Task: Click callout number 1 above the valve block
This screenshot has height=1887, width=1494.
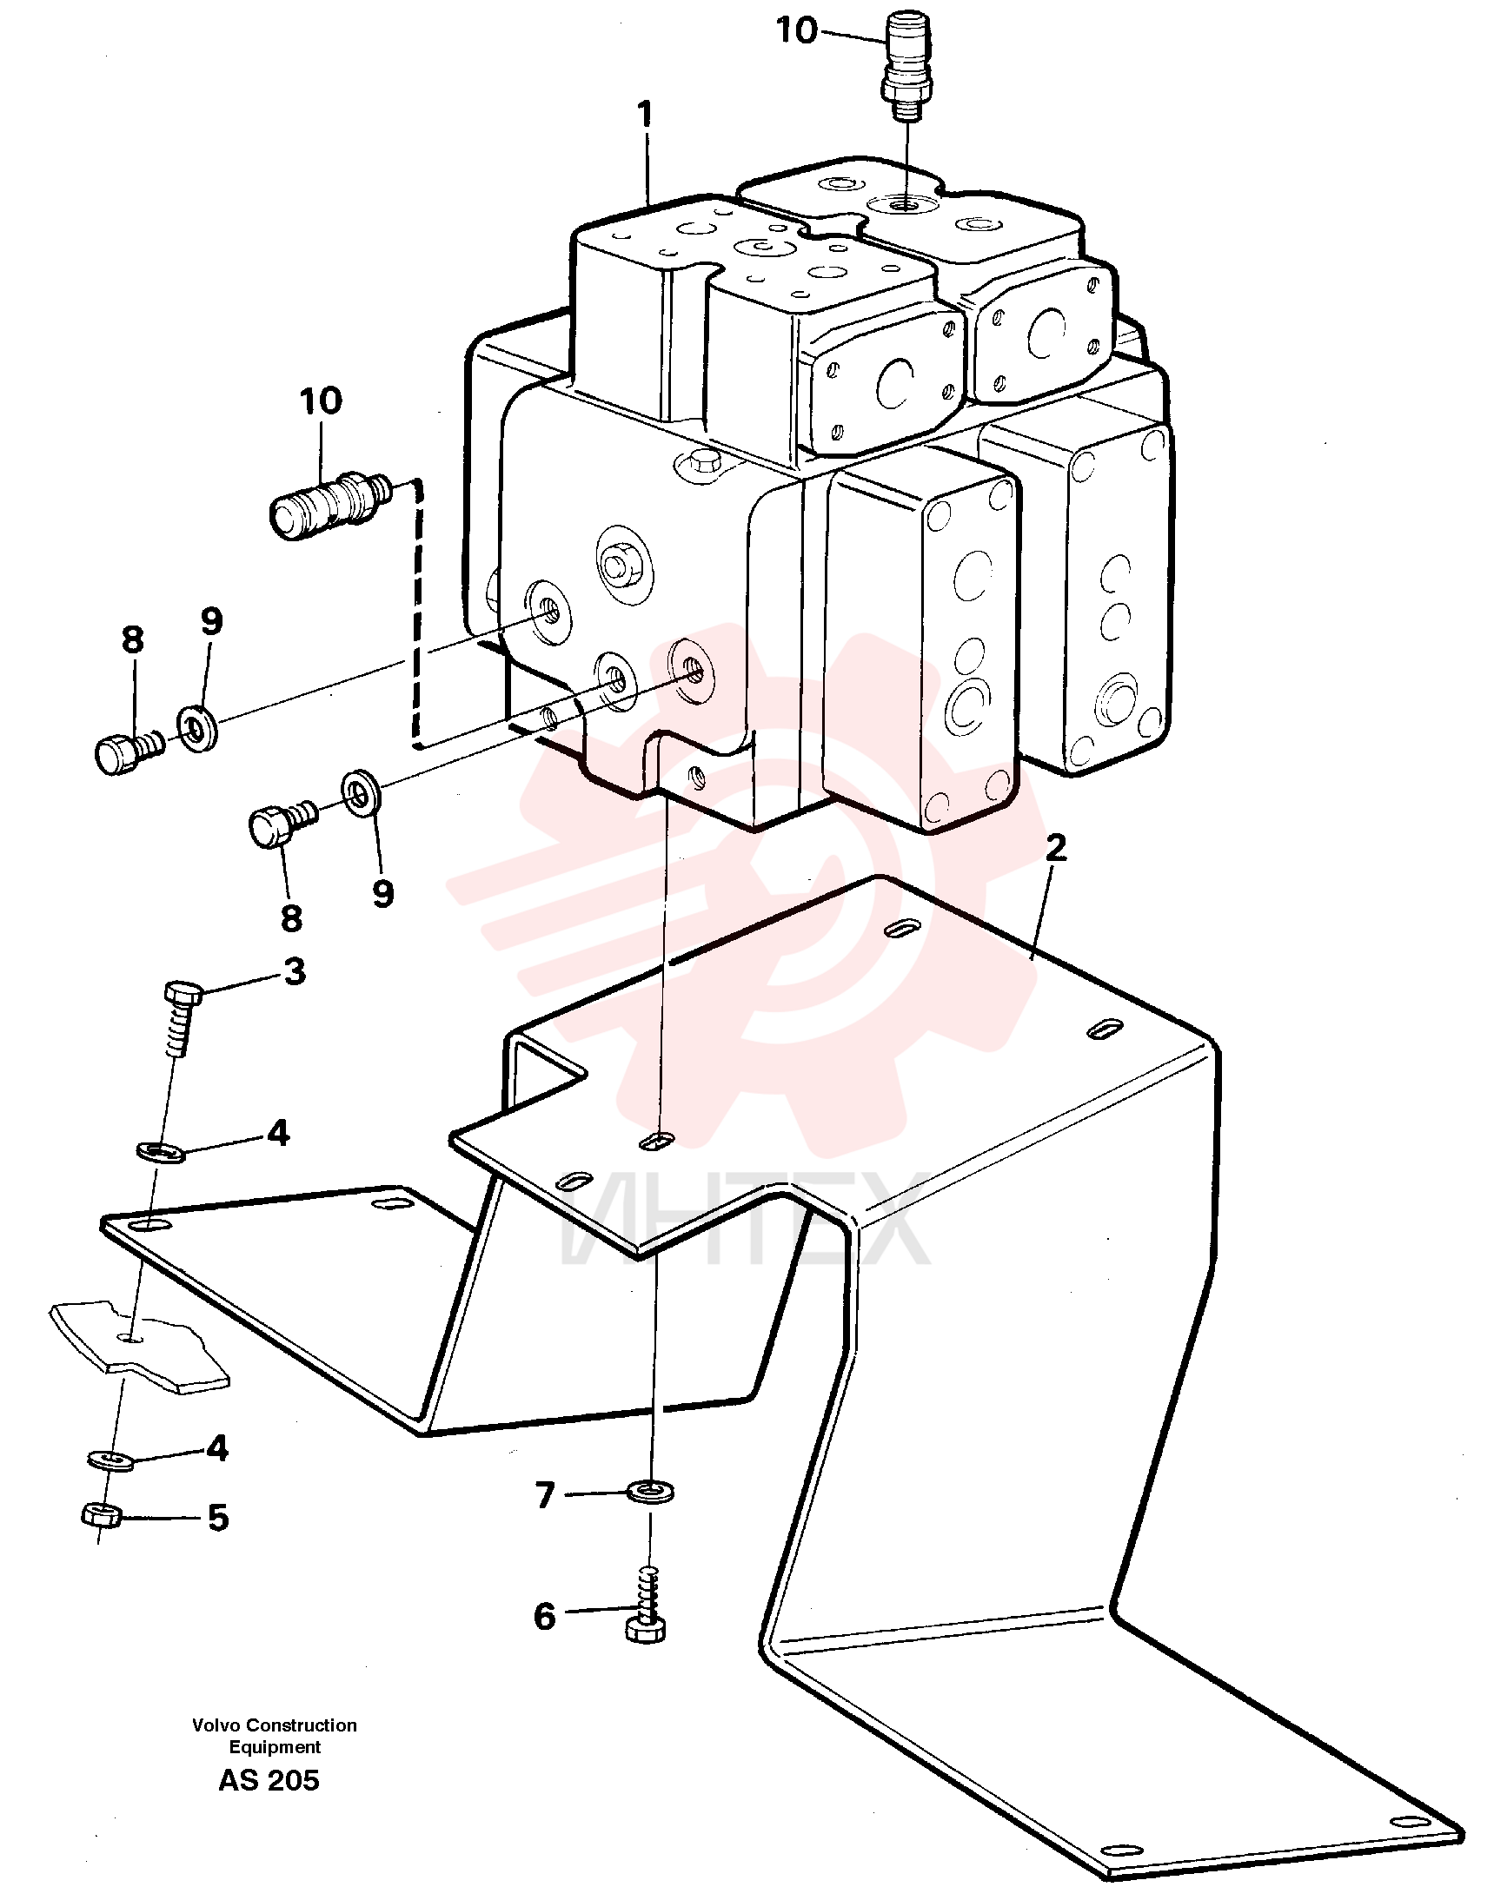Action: click(x=646, y=115)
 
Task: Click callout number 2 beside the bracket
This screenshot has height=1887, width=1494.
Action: click(x=1057, y=847)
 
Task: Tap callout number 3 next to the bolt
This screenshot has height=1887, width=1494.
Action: click(x=295, y=971)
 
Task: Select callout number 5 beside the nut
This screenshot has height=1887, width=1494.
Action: click(x=218, y=1518)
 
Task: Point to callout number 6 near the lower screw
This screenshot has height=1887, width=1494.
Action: click(x=545, y=1617)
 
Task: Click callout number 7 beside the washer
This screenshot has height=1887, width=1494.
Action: click(x=546, y=1496)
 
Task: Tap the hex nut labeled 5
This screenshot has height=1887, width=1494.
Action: click(x=102, y=1514)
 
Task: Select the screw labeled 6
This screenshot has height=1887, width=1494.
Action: click(x=647, y=1607)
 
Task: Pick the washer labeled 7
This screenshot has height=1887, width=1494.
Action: click(x=651, y=1491)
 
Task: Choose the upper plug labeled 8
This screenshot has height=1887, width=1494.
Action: click(x=129, y=751)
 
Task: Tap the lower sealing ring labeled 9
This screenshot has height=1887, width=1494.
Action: click(x=360, y=791)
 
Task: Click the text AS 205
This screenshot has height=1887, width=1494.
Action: click(x=269, y=1780)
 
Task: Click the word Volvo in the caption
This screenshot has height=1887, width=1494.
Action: click(x=216, y=1725)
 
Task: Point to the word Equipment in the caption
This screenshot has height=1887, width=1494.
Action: click(x=275, y=1747)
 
